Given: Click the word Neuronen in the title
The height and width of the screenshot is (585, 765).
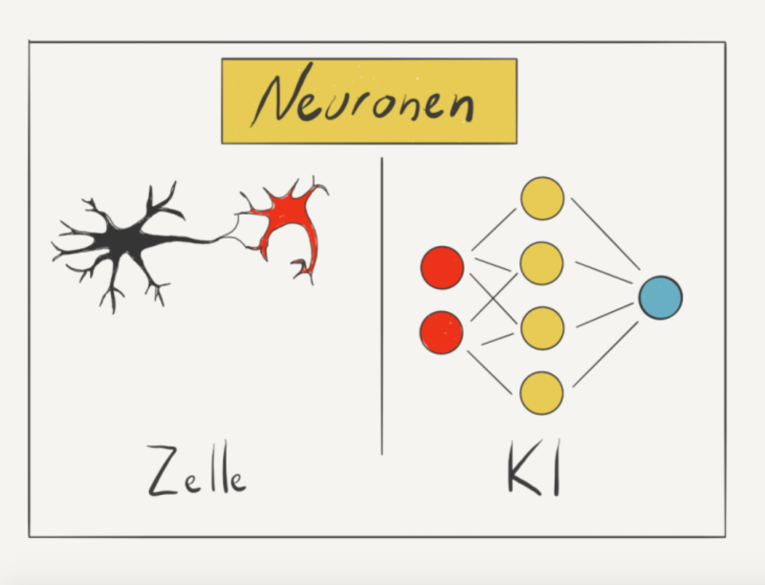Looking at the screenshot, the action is coord(363,97).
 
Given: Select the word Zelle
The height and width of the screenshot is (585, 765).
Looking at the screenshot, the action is coord(197,470).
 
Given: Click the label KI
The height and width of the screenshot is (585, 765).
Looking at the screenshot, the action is coord(534,468).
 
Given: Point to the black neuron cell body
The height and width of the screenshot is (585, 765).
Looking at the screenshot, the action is coord(126,239).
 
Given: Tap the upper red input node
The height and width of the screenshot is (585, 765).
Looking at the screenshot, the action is coord(443,267).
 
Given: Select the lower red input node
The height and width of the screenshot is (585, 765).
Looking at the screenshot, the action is coord(442,332).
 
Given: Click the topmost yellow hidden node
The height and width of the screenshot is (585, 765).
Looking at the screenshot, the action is coord(542,198).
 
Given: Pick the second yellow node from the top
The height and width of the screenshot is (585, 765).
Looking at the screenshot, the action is coord(542,263).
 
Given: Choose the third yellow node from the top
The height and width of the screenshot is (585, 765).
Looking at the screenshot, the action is coord(542,328).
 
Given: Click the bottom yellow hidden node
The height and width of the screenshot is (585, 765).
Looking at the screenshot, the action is coord(541,394).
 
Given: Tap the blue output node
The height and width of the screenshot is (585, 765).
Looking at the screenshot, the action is coord(661,298).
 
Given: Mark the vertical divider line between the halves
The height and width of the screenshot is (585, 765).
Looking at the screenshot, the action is coord(382,306).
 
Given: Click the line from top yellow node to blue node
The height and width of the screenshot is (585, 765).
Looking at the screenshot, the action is coord(605,234).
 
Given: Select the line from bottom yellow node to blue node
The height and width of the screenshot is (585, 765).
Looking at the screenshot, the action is coord(605,354).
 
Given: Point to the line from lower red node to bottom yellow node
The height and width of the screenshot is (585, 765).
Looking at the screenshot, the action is coord(490,372).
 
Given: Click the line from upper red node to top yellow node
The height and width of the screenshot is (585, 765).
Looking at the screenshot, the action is coord(493,230).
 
